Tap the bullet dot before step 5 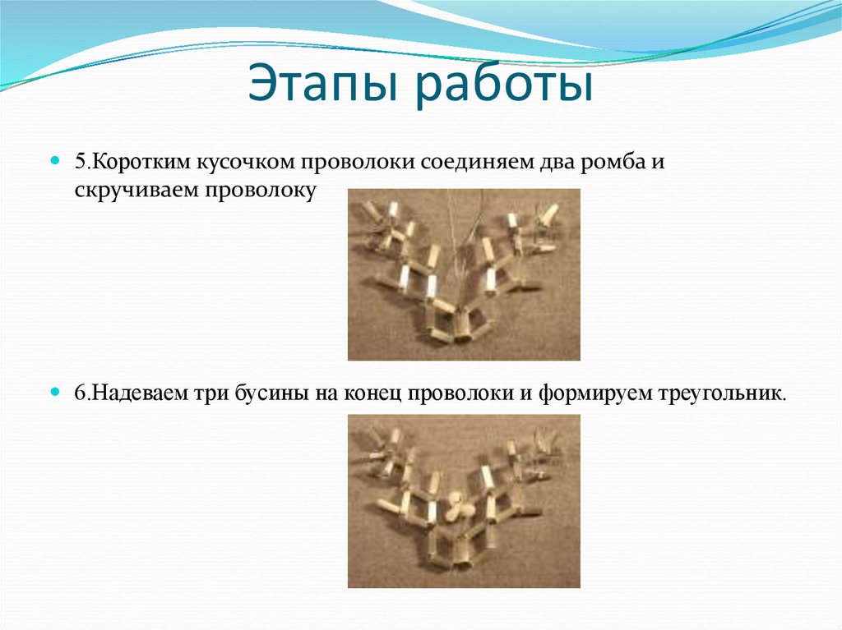pos(56,161)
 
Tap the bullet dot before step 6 pos(56,393)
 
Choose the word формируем pos(586,393)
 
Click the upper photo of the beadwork pos(464,274)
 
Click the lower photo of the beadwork pos(464,500)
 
